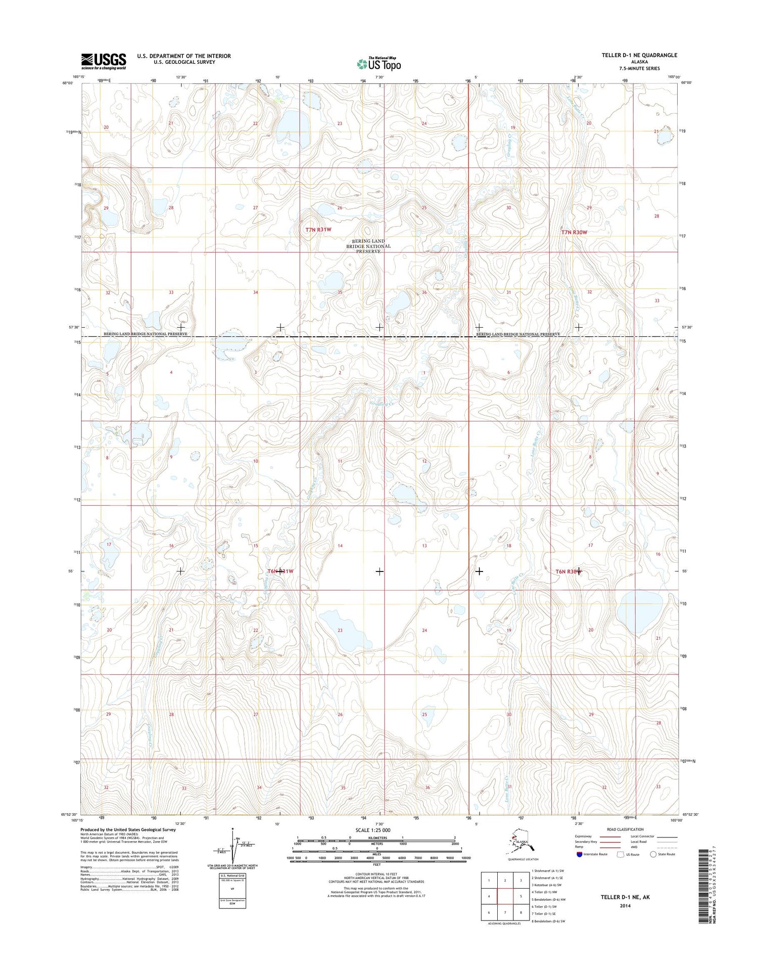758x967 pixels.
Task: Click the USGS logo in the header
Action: coord(104,61)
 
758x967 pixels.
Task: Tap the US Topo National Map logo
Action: coord(378,64)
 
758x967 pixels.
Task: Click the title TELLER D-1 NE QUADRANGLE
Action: coord(639,55)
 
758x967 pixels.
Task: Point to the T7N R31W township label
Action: coord(318,230)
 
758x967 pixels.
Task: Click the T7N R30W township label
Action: coord(574,232)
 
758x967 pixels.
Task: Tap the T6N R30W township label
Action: coord(568,572)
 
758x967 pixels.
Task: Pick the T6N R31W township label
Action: coord(280,572)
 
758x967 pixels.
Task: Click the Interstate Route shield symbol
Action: coord(579,854)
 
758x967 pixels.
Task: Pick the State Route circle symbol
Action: coord(653,854)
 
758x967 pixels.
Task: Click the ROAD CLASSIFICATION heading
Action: coord(625,829)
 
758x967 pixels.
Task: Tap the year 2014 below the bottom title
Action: coord(625,906)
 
